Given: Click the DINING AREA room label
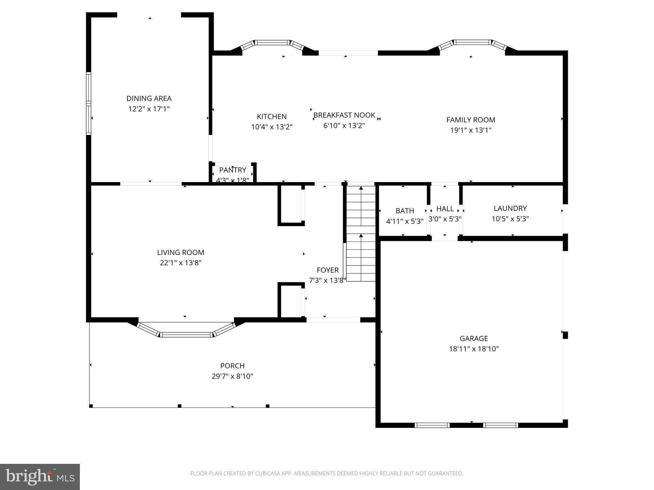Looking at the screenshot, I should click(149, 99).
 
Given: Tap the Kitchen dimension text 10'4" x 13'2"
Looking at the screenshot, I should click(271, 127).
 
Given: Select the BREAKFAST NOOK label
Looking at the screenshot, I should click(344, 115).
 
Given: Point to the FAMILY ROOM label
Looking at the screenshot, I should click(471, 120).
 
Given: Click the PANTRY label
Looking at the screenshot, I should click(232, 170).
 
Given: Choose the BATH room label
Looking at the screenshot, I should click(405, 211).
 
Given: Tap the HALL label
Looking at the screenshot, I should click(445, 209).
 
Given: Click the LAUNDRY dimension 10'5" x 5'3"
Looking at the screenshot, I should click(510, 219).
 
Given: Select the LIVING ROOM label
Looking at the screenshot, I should click(180, 252).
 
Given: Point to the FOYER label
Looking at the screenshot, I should click(327, 270).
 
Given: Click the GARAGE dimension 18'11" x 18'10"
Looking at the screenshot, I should click(474, 349).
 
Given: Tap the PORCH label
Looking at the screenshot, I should click(232, 366).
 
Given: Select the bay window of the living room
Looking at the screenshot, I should click(186, 334).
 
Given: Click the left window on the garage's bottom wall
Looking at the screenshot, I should click(432, 425).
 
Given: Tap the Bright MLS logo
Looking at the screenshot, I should click(40, 477).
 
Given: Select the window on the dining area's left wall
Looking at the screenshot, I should click(88, 103).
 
